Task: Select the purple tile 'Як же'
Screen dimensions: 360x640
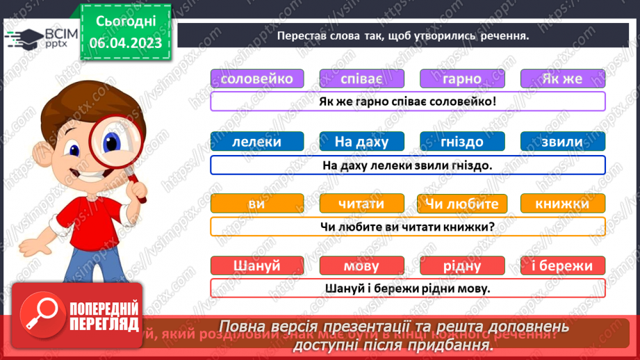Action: coord(562,79)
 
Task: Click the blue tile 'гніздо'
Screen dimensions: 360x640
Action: coord(462,142)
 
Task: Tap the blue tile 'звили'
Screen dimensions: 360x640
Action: coord(562,142)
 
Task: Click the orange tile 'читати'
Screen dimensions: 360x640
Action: coord(361,204)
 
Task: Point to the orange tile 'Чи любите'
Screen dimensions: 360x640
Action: coord(462,204)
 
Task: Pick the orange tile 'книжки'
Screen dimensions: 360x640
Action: coord(562,204)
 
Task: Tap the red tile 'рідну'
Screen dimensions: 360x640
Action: coord(462,265)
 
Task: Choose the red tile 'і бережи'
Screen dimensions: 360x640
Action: coord(562,265)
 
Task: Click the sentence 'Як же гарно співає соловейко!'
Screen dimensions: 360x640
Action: coord(407,101)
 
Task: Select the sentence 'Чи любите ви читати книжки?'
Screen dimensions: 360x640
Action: coord(407,227)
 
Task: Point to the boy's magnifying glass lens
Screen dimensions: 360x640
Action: coord(104,139)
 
